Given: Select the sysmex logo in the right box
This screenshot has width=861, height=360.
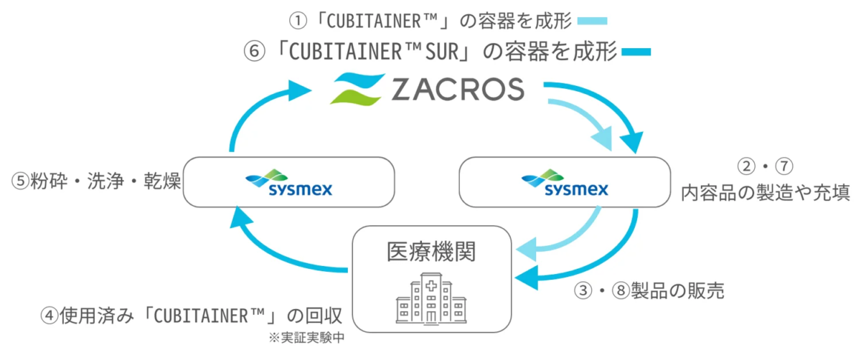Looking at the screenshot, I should click(x=565, y=184).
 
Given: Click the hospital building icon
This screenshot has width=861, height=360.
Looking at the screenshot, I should click(x=431, y=298).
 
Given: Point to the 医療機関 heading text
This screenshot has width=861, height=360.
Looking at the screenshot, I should click(x=431, y=252).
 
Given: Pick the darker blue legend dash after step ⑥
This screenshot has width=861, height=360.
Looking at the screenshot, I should click(x=636, y=52).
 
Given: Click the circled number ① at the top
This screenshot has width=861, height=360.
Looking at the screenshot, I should click(x=293, y=21).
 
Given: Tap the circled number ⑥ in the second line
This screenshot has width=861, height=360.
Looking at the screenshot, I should click(x=256, y=52).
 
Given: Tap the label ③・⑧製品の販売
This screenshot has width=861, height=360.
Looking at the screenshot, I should click(x=649, y=290).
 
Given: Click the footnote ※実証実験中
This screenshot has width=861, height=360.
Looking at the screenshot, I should click(x=301, y=336).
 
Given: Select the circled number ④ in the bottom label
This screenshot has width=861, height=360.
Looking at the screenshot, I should click(x=50, y=316).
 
